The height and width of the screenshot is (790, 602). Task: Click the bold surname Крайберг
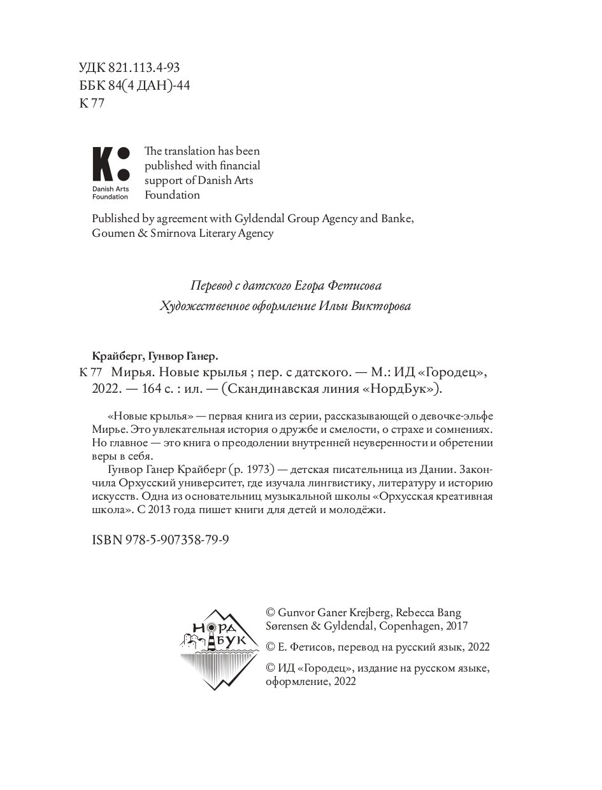tap(113, 356)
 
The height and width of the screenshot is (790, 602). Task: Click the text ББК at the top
tap(89, 85)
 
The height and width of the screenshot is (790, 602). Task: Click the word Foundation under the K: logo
tap(110, 197)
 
